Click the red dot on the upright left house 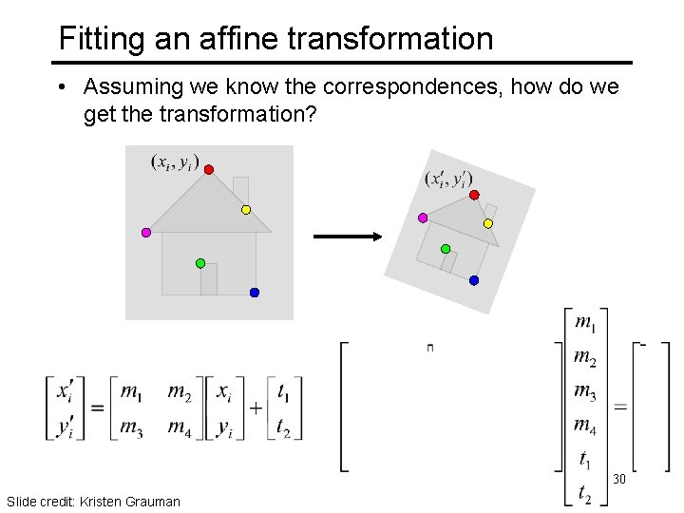tap(209, 169)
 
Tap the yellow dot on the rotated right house tap(488, 223)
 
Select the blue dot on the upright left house tap(255, 293)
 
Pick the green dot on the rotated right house tap(446, 248)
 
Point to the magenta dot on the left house tap(146, 232)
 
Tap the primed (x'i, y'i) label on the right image tap(448, 179)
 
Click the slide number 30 tap(619, 479)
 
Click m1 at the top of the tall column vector tap(586, 322)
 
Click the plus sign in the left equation tap(256, 409)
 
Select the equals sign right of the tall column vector tap(620, 407)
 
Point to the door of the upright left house tap(209, 279)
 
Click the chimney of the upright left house tap(240, 188)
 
